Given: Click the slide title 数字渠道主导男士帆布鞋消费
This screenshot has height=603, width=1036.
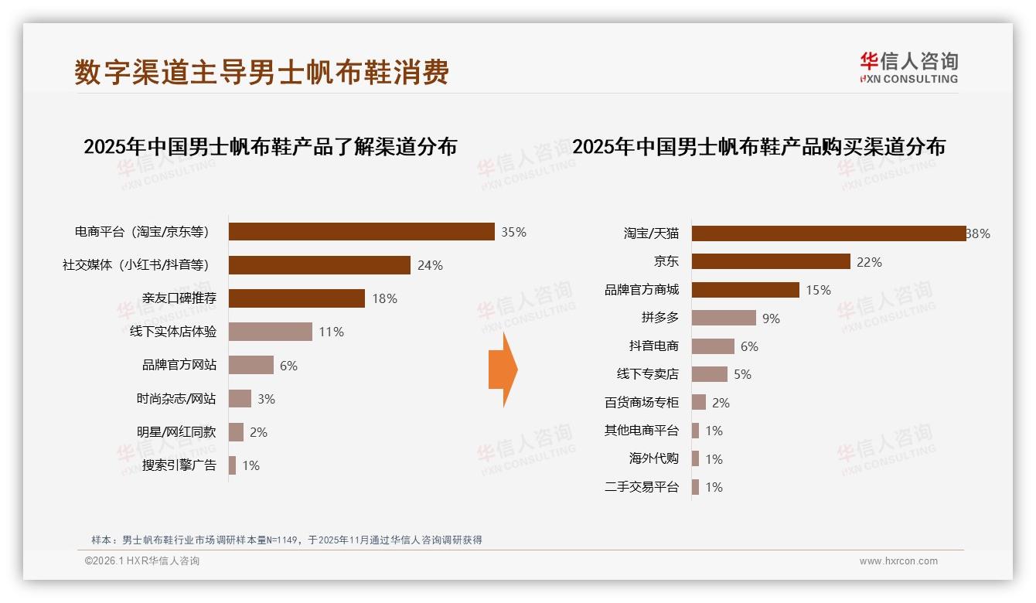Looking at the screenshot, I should [261, 72].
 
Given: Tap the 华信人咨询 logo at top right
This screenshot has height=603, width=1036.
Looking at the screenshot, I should [908, 67].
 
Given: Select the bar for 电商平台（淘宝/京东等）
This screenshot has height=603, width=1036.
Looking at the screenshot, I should [361, 232].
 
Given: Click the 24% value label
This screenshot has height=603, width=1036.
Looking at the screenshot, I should [430, 265].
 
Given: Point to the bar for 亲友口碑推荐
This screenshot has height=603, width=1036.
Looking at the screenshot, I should [297, 298].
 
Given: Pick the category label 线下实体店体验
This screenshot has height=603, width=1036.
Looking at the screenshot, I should [173, 332].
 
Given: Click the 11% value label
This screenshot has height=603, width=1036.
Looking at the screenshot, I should [331, 332].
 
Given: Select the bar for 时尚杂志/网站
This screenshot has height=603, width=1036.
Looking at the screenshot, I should [240, 399].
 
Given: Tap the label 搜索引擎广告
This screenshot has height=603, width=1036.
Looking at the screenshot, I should [179, 465].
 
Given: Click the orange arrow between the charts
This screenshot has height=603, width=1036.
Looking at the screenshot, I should [503, 370].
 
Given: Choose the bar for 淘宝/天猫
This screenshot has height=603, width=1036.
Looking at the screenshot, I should [828, 233].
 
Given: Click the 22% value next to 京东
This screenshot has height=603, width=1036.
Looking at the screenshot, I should [869, 262].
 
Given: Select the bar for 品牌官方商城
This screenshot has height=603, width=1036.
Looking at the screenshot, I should [745, 290].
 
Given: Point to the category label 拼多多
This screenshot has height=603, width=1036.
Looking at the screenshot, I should [659, 318].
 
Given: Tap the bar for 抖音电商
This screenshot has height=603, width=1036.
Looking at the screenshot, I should [713, 346].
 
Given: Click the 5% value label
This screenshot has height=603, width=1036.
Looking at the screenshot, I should [742, 374].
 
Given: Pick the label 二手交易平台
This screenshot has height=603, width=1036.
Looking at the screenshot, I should [641, 487].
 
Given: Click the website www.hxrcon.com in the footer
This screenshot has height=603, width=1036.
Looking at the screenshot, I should [898, 561].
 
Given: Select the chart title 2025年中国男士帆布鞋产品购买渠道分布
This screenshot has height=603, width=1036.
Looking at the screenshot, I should [758, 147].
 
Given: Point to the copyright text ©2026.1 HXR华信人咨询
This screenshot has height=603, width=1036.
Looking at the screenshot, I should [142, 561].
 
